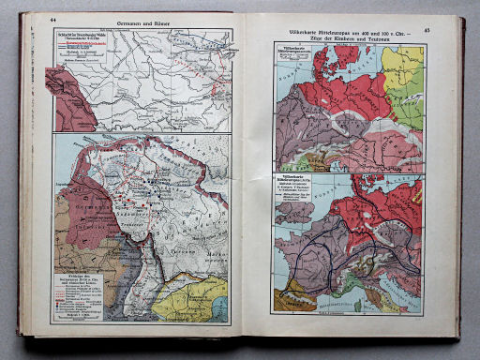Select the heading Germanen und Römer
(142, 22)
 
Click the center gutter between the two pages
(247, 178)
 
